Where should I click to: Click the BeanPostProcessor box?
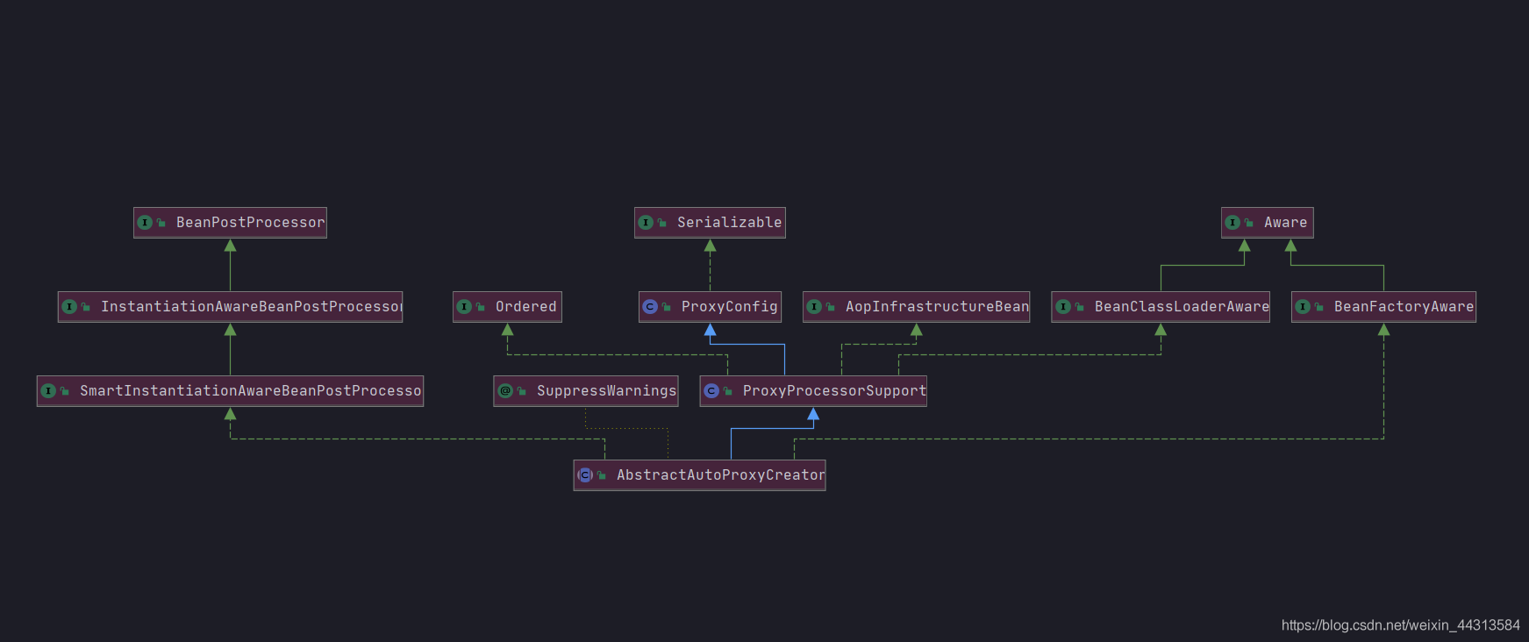230,223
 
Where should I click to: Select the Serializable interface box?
710,223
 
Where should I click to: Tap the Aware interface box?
1267,223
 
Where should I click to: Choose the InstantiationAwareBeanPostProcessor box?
230,307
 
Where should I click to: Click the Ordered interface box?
507,307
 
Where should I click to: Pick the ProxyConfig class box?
710,307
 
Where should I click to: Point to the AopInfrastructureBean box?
916,307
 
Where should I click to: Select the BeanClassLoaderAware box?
1160,307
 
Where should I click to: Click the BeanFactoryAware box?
1383,307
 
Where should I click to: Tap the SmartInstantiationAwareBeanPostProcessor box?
230,391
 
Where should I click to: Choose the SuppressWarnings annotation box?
585,391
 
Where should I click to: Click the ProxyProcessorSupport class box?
813,391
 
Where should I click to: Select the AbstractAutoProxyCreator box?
699,475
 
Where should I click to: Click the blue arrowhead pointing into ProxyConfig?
710,331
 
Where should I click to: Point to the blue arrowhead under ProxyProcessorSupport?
813,415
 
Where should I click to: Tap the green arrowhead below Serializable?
710,246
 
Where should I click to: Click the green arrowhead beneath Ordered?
507,331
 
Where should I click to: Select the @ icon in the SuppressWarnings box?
505,391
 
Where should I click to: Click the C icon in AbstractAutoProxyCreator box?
585,475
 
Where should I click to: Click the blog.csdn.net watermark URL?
1400,625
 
